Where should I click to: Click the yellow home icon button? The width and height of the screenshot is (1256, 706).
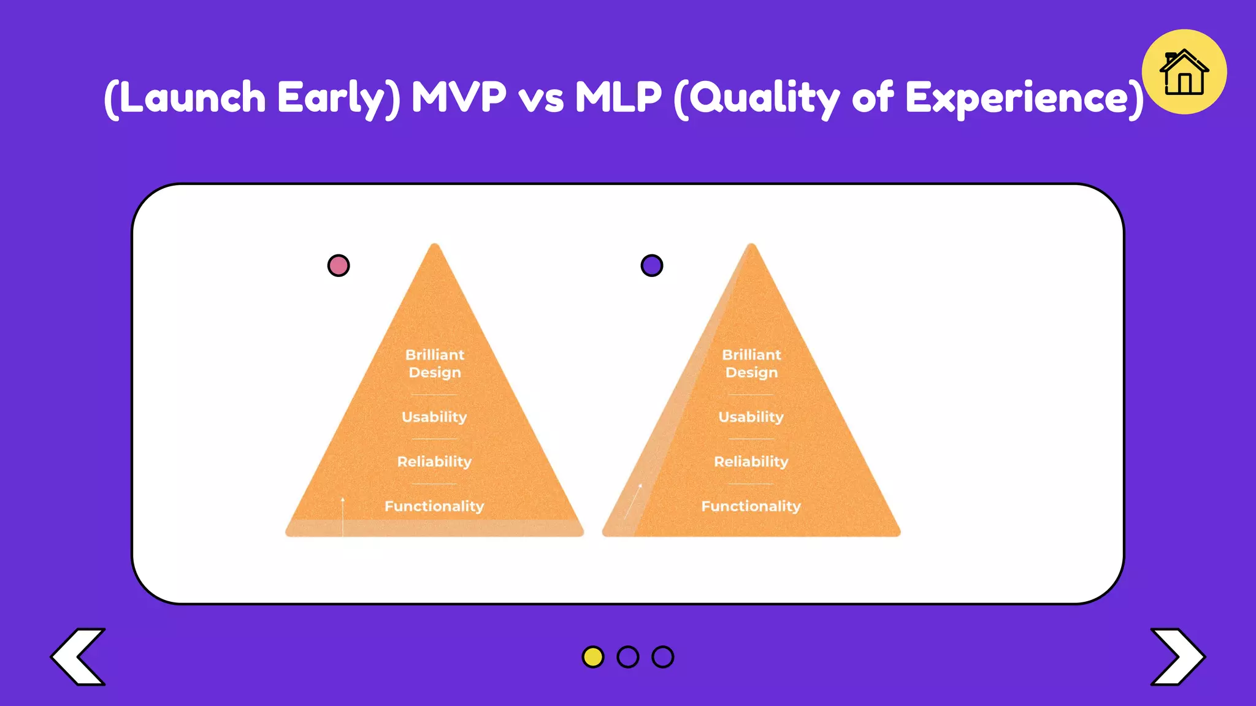click(x=1184, y=72)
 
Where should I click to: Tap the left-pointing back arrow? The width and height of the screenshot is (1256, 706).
click(x=78, y=656)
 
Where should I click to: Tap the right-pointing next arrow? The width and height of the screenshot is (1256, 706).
click(x=1177, y=656)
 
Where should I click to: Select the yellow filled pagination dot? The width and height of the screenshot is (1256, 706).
click(x=592, y=656)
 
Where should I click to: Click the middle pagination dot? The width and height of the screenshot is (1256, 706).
click(x=627, y=656)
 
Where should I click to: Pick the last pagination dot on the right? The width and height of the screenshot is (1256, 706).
click(x=662, y=656)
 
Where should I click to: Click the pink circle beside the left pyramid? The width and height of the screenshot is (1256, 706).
click(x=339, y=265)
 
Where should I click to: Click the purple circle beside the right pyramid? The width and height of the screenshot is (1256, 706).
click(x=651, y=265)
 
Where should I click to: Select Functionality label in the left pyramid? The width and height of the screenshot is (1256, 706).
click(x=434, y=506)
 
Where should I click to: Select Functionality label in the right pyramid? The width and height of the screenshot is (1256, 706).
click(x=751, y=506)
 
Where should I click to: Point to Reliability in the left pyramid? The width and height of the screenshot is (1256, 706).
click(x=434, y=461)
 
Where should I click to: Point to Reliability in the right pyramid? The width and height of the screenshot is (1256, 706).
click(x=751, y=461)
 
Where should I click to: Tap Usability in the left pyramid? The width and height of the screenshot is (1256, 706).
click(x=434, y=417)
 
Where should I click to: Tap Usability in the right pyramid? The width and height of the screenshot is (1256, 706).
click(x=751, y=417)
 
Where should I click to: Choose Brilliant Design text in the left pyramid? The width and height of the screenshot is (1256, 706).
click(x=435, y=363)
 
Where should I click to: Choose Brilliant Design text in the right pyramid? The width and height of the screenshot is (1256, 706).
click(x=751, y=363)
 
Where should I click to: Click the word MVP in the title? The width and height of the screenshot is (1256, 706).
click(x=459, y=97)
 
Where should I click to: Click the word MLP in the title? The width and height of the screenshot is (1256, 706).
click(x=618, y=97)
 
